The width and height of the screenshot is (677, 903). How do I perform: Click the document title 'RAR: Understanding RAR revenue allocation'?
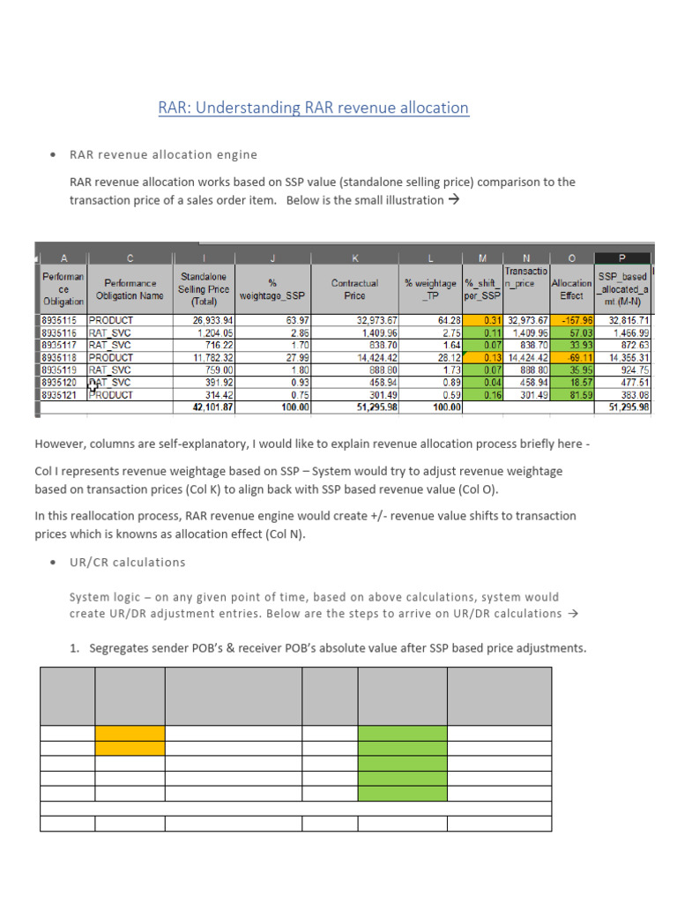[313, 108]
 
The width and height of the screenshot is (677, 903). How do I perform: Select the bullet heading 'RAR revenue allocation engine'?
[163, 154]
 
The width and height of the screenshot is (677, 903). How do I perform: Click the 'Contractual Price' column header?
[355, 288]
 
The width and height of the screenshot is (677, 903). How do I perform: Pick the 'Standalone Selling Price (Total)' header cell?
[205, 288]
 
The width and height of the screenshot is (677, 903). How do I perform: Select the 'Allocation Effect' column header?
[571, 289]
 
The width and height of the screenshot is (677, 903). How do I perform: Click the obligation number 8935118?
[61, 358]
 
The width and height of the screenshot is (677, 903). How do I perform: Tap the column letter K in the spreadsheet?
[355, 258]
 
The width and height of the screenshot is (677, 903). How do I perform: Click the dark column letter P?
[622, 258]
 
